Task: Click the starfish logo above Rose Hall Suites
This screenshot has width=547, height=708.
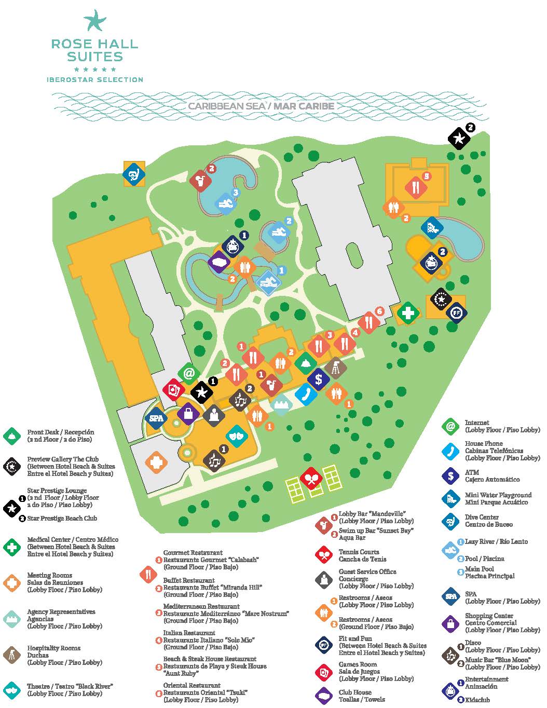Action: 95,21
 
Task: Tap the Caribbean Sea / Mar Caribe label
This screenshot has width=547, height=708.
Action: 261,106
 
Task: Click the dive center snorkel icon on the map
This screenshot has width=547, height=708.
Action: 134,174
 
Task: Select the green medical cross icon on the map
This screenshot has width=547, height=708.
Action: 408,313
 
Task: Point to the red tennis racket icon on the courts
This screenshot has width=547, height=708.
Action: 311,479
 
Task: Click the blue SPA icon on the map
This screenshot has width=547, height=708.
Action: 156,417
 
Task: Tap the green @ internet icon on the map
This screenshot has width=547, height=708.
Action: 189,373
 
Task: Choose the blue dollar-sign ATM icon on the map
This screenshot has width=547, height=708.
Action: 319,379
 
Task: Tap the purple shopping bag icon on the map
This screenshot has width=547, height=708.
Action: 188,414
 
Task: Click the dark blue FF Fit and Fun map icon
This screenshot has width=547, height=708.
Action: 456,313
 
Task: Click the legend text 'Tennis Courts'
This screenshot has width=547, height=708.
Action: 359,552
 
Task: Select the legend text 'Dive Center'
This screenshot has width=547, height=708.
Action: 482,517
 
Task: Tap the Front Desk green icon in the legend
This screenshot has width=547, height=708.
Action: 11,435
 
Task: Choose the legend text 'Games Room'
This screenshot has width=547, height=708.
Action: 358,664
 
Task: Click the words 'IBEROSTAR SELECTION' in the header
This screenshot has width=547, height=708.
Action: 95,80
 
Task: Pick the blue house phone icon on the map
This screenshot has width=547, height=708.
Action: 306,393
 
